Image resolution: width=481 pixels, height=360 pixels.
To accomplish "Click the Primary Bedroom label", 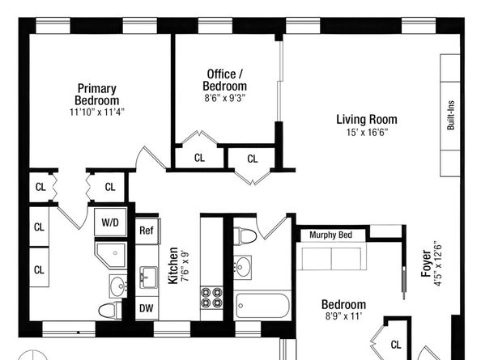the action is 97,95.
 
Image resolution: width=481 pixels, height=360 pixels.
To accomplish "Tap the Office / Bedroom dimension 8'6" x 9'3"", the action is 225,98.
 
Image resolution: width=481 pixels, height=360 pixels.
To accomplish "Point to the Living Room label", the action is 367,119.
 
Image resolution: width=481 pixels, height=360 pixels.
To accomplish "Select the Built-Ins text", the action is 450,115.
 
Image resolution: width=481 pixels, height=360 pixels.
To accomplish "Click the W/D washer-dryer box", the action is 110,222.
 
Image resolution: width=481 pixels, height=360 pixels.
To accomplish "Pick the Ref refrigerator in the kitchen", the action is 147,231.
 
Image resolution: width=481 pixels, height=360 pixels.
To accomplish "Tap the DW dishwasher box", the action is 147,308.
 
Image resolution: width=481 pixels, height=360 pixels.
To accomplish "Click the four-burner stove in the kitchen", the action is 211,298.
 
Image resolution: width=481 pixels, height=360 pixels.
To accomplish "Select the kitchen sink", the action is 149,277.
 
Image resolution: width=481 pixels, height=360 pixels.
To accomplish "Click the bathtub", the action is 262,306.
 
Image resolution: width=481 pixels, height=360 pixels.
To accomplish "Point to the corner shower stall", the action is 111,255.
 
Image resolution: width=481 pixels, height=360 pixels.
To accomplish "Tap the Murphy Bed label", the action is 330,235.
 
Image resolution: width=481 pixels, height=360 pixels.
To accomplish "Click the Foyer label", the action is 426,264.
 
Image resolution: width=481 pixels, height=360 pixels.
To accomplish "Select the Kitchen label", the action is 172,265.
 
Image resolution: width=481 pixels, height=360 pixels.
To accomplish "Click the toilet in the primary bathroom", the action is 110,311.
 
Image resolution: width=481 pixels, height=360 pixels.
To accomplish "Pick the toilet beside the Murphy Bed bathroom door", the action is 245,236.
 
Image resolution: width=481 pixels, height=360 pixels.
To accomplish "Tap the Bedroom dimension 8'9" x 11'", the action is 344,316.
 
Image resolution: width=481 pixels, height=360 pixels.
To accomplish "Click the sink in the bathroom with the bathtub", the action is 243,267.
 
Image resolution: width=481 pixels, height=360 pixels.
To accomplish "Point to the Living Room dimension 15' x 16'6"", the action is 367,133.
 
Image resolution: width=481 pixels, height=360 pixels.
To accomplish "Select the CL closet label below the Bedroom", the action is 396,345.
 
